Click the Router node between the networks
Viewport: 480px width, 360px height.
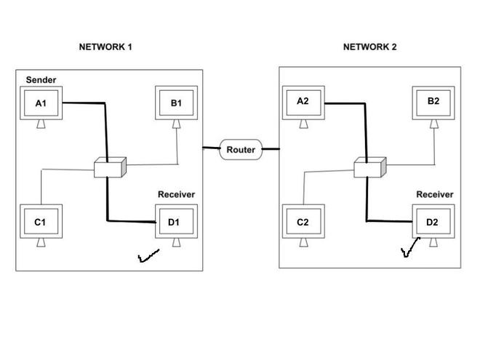(241, 150)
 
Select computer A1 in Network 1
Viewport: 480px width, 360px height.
(41, 104)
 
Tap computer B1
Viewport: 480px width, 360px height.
(177, 104)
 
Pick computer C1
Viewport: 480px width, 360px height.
(41, 222)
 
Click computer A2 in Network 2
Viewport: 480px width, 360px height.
(303, 102)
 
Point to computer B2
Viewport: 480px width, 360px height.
(433, 102)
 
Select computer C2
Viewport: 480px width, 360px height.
(303, 222)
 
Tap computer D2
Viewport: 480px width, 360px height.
(433, 222)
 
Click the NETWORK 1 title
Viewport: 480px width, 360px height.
(105, 47)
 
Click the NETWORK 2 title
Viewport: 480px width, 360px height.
(369, 47)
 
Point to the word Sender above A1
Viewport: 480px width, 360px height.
(41, 79)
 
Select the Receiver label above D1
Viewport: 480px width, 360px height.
(176, 195)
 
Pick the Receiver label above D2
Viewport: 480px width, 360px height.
(434, 195)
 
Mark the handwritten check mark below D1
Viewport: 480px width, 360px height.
(148, 256)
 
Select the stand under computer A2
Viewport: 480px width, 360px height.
(303, 122)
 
